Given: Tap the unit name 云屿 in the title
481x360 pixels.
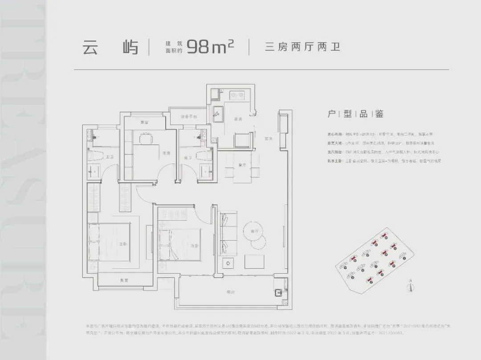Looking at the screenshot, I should click(110, 47).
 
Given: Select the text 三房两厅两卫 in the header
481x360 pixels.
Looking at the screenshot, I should click(302, 47).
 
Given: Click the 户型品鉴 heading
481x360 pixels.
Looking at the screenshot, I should click(355, 114).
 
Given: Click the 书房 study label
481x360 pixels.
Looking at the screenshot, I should click(166, 153).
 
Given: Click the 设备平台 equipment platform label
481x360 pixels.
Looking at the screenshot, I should click(188, 117).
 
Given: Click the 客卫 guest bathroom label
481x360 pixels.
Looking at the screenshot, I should click(188, 157).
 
